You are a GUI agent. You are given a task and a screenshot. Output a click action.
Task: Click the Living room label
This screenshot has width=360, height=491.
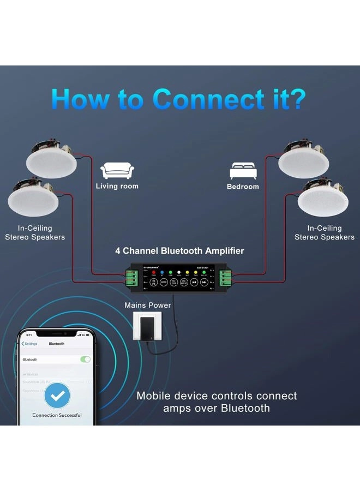tap(117, 186)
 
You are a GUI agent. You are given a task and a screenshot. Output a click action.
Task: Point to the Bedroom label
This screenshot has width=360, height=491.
tap(243, 187)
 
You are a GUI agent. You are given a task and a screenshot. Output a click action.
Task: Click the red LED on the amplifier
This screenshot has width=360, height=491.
tap(153, 272)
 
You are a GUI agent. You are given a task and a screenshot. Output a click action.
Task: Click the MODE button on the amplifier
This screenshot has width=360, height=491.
tap(164, 282)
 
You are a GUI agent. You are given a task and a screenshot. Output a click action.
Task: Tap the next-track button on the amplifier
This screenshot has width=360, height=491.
tap(203, 282)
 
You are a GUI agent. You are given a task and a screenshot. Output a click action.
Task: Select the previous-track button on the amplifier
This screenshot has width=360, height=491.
tap(194, 282)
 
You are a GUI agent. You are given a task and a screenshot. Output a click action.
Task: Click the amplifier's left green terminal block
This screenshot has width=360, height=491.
tap(131, 278)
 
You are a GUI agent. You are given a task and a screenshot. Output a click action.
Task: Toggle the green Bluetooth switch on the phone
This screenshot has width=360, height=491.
tap(85, 360)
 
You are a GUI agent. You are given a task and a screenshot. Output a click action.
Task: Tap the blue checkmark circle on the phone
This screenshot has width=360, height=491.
tap(57, 396)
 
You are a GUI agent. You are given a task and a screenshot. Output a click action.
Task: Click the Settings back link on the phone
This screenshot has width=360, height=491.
tap(29, 344)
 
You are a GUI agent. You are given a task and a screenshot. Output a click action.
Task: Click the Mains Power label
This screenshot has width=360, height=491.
tap(147, 305)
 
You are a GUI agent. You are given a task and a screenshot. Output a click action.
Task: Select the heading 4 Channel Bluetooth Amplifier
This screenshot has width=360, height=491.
tap(179, 251)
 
